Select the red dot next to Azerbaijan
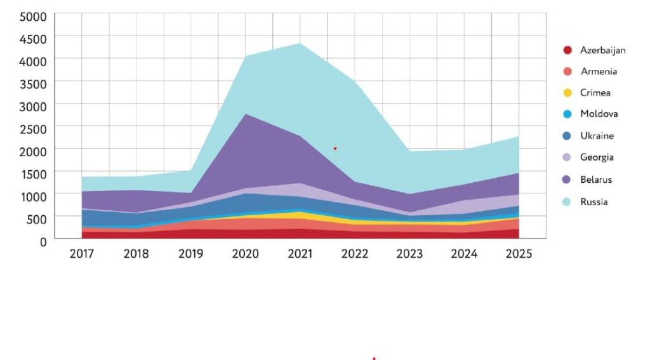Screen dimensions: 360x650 (567, 50)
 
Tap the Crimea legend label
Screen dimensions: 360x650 (595, 93)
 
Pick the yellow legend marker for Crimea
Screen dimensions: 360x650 (567, 93)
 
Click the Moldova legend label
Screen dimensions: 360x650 (599, 114)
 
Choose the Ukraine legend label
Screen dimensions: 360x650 (597, 136)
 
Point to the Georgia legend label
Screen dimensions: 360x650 (597, 157)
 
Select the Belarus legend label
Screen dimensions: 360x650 (596, 180)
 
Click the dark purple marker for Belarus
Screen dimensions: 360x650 (567, 180)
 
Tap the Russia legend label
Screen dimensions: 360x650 (594, 202)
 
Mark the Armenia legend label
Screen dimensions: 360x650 (598, 72)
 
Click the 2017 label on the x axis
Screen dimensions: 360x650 (82, 254)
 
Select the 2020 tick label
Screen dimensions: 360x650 (246, 254)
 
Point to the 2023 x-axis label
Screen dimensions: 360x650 (409, 254)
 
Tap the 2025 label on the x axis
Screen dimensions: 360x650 (519, 254)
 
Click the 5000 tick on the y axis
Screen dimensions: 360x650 (33, 17)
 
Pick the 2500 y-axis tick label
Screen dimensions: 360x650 (33, 129)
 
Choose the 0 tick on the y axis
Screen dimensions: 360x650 (43, 241)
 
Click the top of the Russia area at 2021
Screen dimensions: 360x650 (300, 43)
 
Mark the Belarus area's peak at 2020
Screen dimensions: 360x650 (246, 114)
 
